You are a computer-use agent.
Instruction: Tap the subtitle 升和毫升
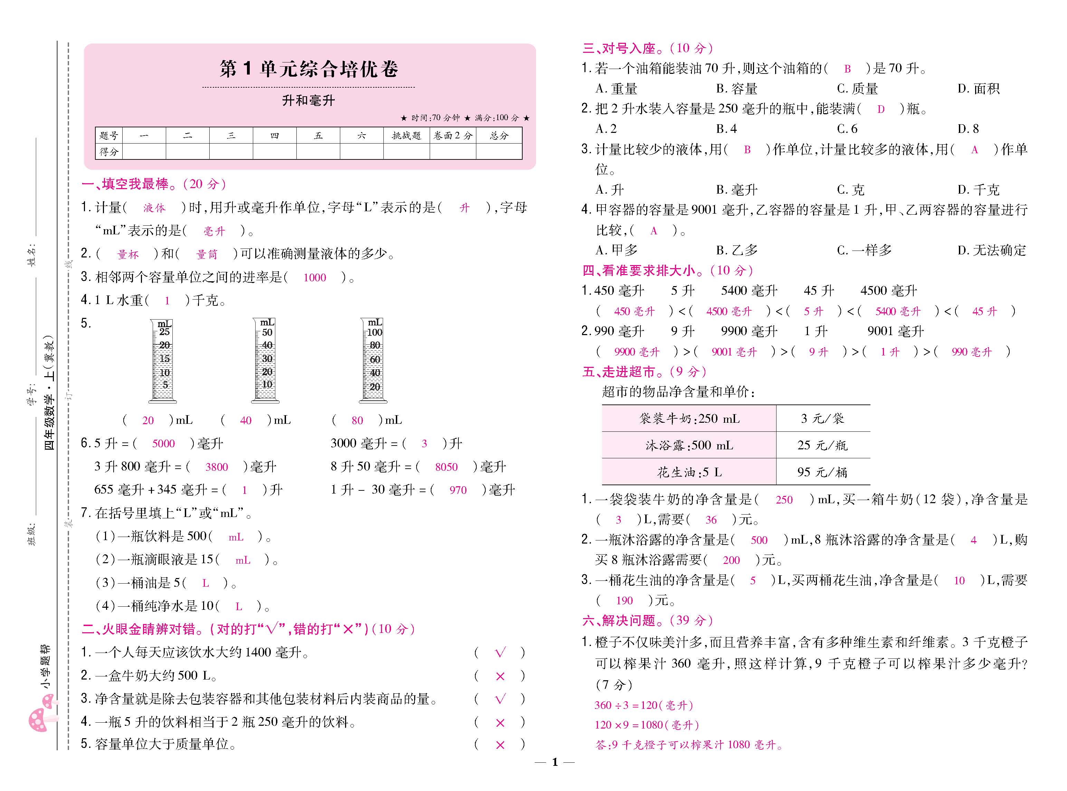coord(308,100)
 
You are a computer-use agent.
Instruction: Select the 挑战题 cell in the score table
coord(406,136)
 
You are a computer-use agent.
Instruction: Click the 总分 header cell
coord(499,136)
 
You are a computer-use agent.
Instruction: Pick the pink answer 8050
coord(446,467)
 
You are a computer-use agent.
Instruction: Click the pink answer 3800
coord(217,467)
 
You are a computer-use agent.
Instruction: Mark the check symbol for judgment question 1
coord(500,653)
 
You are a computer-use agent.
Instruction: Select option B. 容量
coord(736,89)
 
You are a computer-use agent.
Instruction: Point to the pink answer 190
coord(624,601)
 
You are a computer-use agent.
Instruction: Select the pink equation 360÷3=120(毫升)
coord(643,705)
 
